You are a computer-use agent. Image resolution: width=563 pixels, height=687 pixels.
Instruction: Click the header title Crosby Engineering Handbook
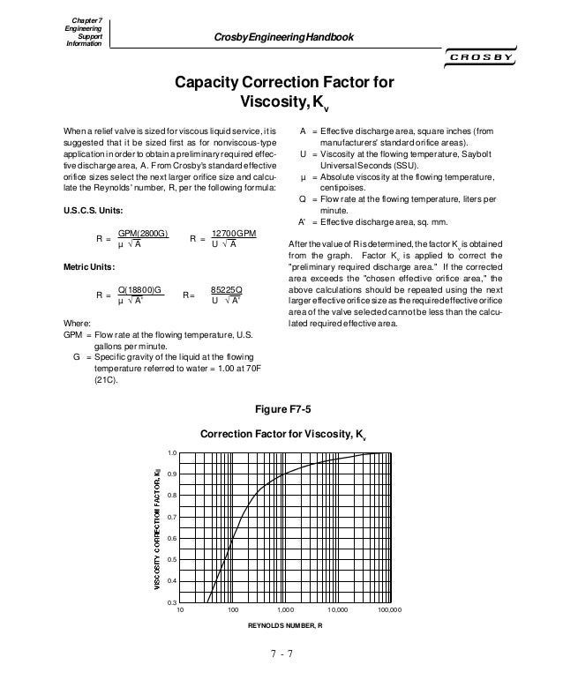coord(279,37)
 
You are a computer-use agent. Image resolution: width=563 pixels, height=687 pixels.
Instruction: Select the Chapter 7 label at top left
coord(80,19)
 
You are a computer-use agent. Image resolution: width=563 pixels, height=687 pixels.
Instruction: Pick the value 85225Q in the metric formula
coord(228,288)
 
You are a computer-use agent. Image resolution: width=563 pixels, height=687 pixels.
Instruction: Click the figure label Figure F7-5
coord(281,408)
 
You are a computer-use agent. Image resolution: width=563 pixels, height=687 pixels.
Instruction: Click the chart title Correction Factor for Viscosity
coord(283,434)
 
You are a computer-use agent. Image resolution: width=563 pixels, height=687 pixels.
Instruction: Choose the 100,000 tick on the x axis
coord(388,610)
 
